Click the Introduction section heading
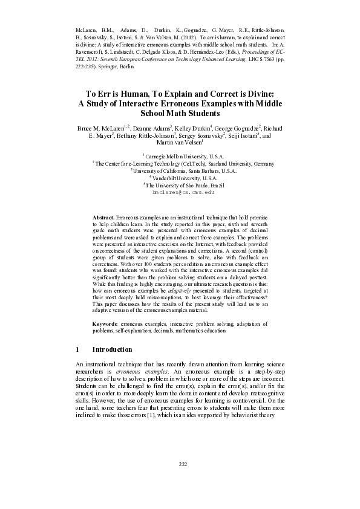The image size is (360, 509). point(112,349)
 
